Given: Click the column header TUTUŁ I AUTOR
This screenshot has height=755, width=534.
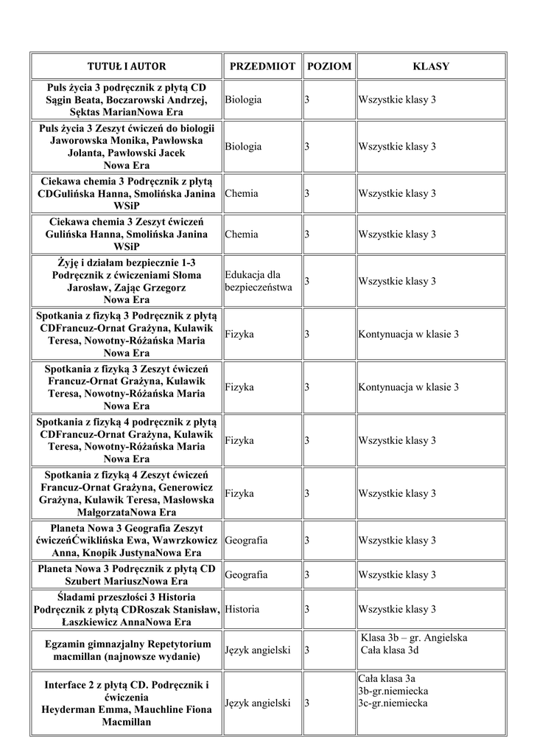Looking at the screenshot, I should [x=127, y=66].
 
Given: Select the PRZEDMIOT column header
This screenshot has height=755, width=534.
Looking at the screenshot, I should [x=262, y=66].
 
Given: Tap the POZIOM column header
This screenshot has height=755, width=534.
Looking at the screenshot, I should [x=329, y=66].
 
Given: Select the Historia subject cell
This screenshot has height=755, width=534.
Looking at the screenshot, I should [x=242, y=609].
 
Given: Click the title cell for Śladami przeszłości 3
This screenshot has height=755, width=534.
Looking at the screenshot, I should [x=127, y=609].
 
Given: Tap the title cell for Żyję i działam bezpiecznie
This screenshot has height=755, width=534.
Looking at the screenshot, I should [x=127, y=280].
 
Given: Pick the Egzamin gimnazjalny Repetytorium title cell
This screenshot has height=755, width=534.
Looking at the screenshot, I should [x=127, y=650].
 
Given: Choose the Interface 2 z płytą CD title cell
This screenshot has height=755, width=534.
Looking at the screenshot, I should [x=127, y=703].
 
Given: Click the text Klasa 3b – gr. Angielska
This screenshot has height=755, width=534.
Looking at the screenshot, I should [x=415, y=638].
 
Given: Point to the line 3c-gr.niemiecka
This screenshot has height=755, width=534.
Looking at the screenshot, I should [x=393, y=703].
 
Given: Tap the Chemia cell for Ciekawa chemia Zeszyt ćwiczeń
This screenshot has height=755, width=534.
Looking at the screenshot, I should [x=242, y=234].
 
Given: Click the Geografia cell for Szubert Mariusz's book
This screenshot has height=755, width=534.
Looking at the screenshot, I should [x=246, y=574].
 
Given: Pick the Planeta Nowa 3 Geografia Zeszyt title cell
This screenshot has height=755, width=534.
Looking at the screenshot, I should [x=127, y=540].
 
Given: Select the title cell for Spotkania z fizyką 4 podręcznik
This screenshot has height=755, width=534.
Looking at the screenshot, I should [x=127, y=440].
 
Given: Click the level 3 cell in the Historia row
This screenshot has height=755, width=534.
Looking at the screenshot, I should [x=307, y=609].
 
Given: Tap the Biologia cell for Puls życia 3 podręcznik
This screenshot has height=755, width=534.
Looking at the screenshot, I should [x=244, y=100].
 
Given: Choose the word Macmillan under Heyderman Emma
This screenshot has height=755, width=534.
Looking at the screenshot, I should [x=127, y=723].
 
